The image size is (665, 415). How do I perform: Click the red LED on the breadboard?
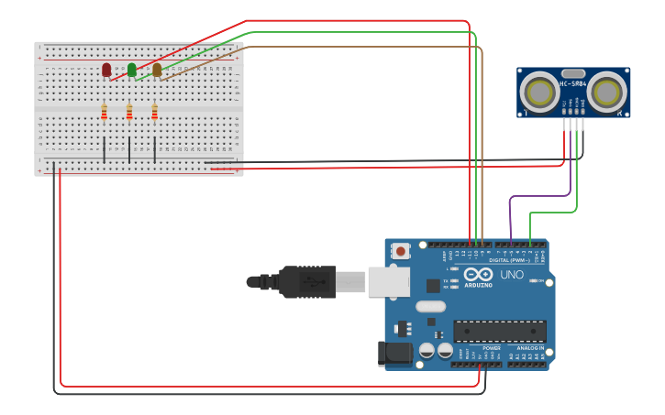106,70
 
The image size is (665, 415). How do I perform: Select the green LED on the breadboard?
132,70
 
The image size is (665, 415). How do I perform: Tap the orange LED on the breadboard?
157,70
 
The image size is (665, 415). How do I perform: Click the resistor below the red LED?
104,112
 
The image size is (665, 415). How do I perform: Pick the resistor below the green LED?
129,112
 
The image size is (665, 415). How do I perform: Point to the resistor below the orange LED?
154,112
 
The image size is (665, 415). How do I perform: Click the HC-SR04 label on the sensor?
572,83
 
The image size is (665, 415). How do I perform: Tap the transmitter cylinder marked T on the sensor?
538,92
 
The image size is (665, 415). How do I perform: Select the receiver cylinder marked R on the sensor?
607,92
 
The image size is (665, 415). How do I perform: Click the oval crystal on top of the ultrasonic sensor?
572,72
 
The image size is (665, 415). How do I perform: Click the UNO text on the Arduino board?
512,275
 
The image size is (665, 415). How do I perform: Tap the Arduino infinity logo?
478,274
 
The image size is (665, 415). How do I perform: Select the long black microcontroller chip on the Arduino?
500,331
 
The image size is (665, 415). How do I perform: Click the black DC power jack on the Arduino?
392,354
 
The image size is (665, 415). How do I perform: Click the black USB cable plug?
307,281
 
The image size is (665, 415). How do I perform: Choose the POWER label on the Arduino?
492,348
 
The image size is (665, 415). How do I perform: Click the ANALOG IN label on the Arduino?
529,348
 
